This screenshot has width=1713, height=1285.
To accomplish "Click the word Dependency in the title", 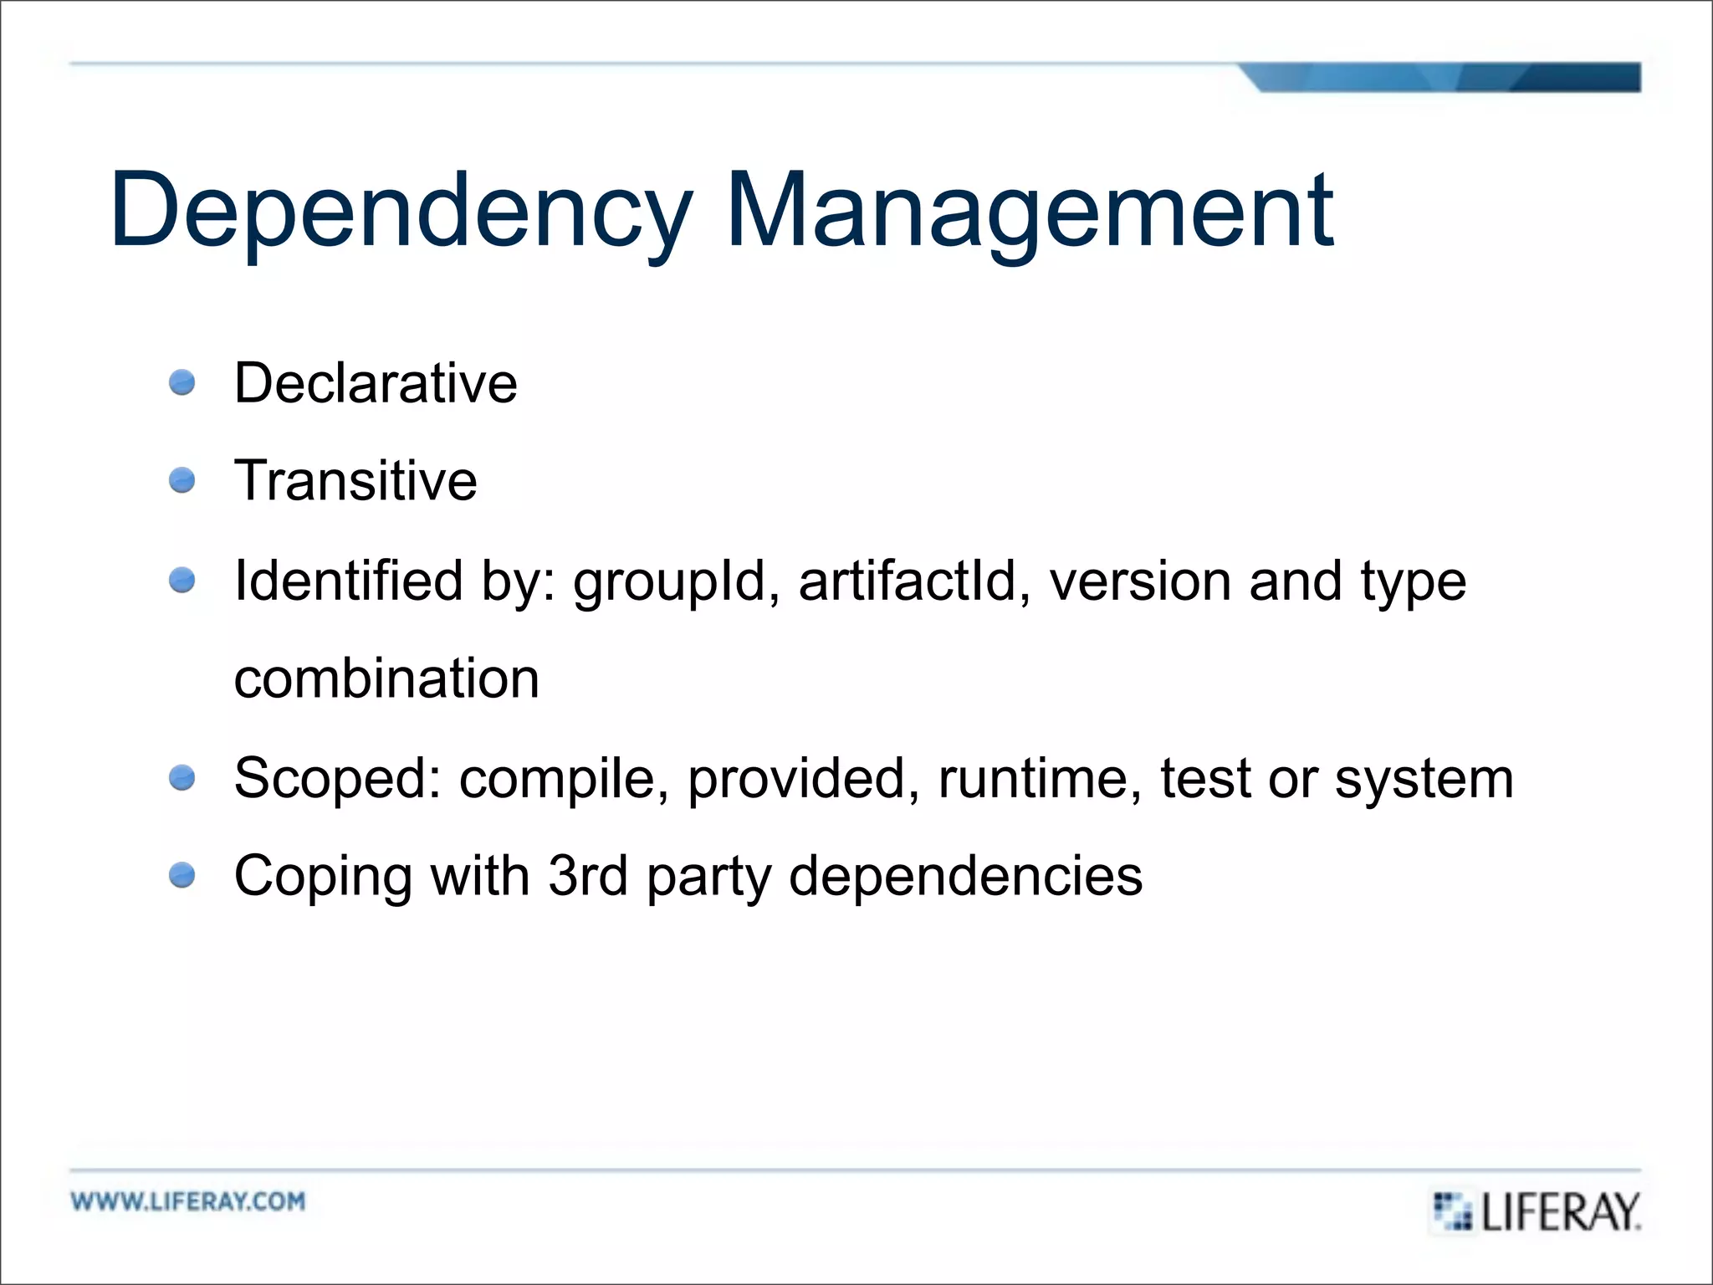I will pyautogui.click(x=401, y=211).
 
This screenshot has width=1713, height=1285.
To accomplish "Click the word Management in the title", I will pyautogui.click(x=1030, y=211).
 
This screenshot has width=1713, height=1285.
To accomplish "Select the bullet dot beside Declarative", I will pyautogui.click(x=182, y=383).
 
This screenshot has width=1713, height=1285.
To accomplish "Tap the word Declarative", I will pyautogui.click(x=376, y=383).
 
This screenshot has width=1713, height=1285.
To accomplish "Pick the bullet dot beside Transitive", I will pyautogui.click(x=182, y=481).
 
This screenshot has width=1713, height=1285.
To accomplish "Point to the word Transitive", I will pyautogui.click(x=355, y=481).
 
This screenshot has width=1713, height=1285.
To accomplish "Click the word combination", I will pyautogui.click(x=386, y=678).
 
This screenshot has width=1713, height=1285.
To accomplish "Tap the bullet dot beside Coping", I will pyautogui.click(x=182, y=876).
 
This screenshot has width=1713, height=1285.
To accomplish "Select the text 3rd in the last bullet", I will pyautogui.click(x=587, y=876).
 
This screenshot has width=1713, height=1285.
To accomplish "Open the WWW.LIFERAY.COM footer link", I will pyautogui.click(x=188, y=1201).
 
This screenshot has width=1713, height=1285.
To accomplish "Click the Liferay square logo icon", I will pyautogui.click(x=1452, y=1211).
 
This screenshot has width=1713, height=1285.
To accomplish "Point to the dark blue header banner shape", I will pyautogui.click(x=1439, y=77).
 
